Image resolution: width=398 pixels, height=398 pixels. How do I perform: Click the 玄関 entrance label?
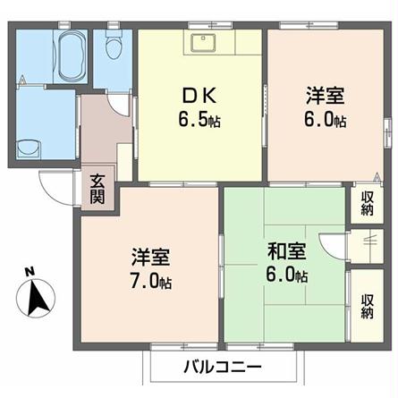(x=97, y=189)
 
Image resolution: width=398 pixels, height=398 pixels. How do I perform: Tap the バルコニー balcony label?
(x=222, y=367)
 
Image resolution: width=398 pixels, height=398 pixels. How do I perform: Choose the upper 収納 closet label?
(x=367, y=203)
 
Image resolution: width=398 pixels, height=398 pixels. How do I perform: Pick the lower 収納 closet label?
(x=367, y=304)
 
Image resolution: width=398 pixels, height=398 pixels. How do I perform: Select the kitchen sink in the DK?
(x=203, y=41)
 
